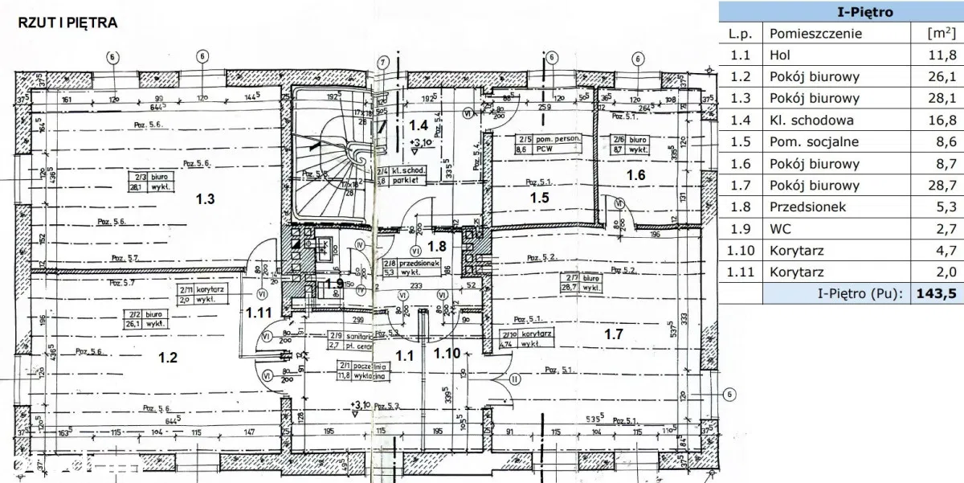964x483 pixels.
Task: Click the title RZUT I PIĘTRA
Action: (67, 23)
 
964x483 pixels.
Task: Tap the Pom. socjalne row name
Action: (814, 142)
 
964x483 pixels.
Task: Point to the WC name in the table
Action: (781, 229)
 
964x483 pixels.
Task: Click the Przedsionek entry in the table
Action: (807, 207)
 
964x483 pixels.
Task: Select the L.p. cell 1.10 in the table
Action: (741, 251)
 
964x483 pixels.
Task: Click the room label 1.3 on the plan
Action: (205, 199)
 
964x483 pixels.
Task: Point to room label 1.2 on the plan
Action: (167, 358)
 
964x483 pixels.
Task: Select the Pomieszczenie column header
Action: (815, 34)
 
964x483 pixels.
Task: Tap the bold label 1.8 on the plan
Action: (436, 246)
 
